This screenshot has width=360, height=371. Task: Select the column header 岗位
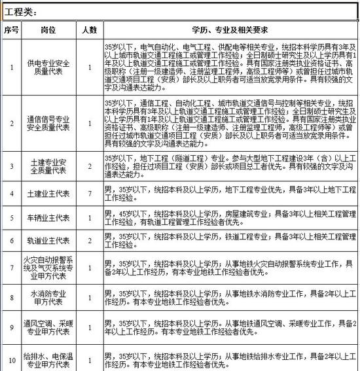coord(50,30)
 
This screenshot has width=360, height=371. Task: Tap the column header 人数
coord(89,30)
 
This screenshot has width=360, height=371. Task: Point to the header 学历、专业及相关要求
coord(226,30)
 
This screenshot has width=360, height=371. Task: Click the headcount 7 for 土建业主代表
coord(89,194)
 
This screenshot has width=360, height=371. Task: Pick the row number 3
coord(10,166)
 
